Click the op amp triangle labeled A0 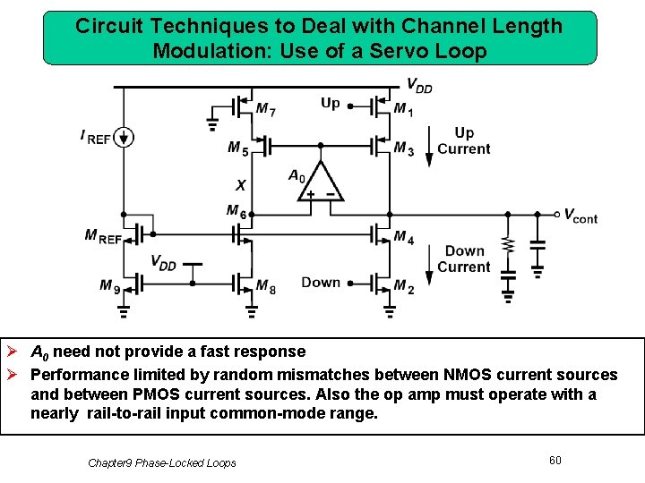321,182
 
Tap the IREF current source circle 125,137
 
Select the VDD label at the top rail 419,85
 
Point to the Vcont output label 580,216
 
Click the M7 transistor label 265,109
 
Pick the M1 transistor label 404,109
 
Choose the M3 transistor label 404,148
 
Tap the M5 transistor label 237,148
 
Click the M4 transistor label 404,237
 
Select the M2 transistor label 404,285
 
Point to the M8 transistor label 266,285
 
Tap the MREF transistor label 104,236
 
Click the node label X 240,185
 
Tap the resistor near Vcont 508,244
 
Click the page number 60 555,460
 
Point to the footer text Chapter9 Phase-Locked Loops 162,462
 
